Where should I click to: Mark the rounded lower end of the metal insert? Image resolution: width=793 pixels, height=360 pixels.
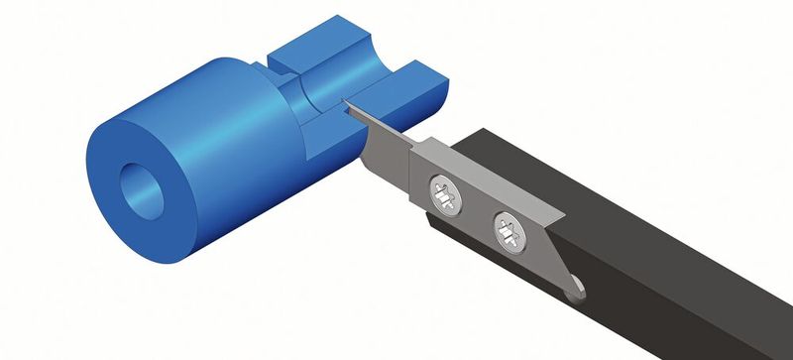click(574, 294)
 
